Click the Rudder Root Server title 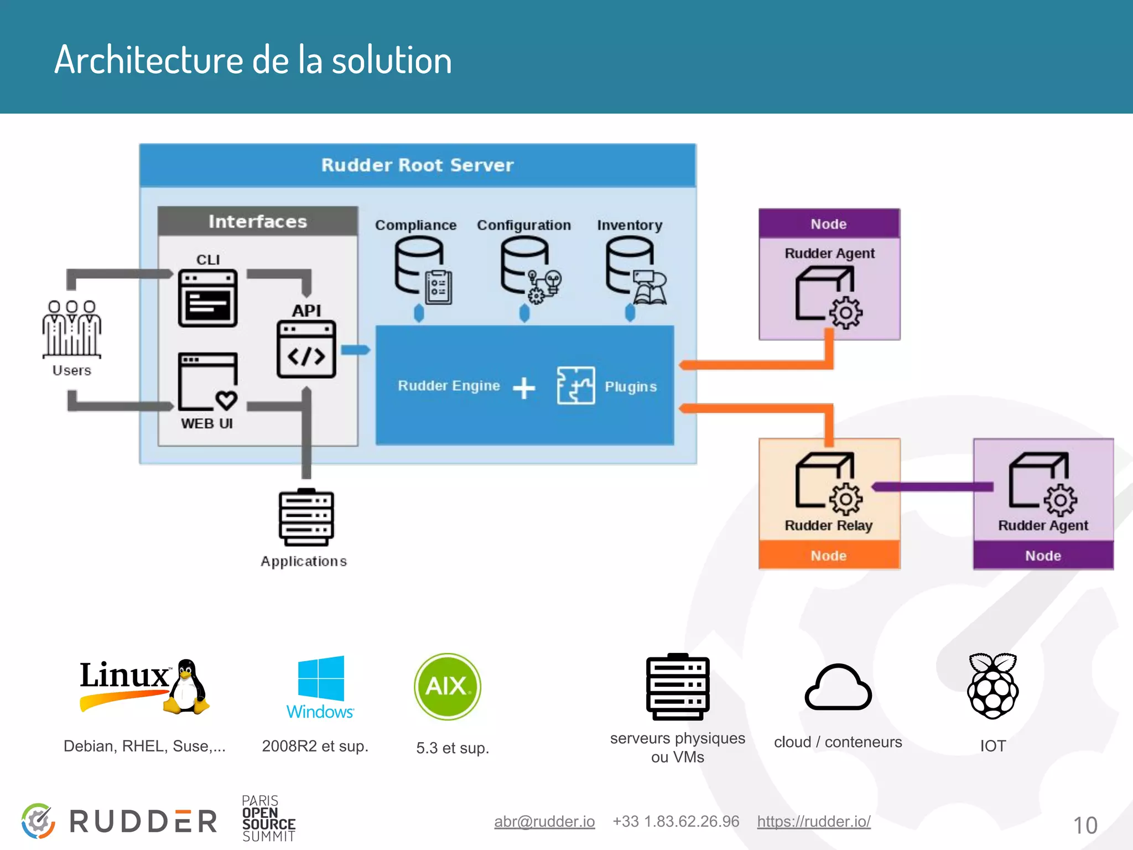coord(417,165)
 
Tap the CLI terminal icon coord(208,298)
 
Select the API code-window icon coord(306,350)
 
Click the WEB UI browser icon coord(208,381)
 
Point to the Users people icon coord(71,329)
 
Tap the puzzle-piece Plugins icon coord(575,385)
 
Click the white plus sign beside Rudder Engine coord(523,388)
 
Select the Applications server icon coord(306,517)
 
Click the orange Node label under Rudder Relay coord(829,555)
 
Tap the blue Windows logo coord(321,678)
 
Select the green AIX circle coord(447,686)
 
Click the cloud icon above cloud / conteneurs coord(838,687)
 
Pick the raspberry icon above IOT coord(992,686)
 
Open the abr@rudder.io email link coord(544,821)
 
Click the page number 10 coord(1085,826)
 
